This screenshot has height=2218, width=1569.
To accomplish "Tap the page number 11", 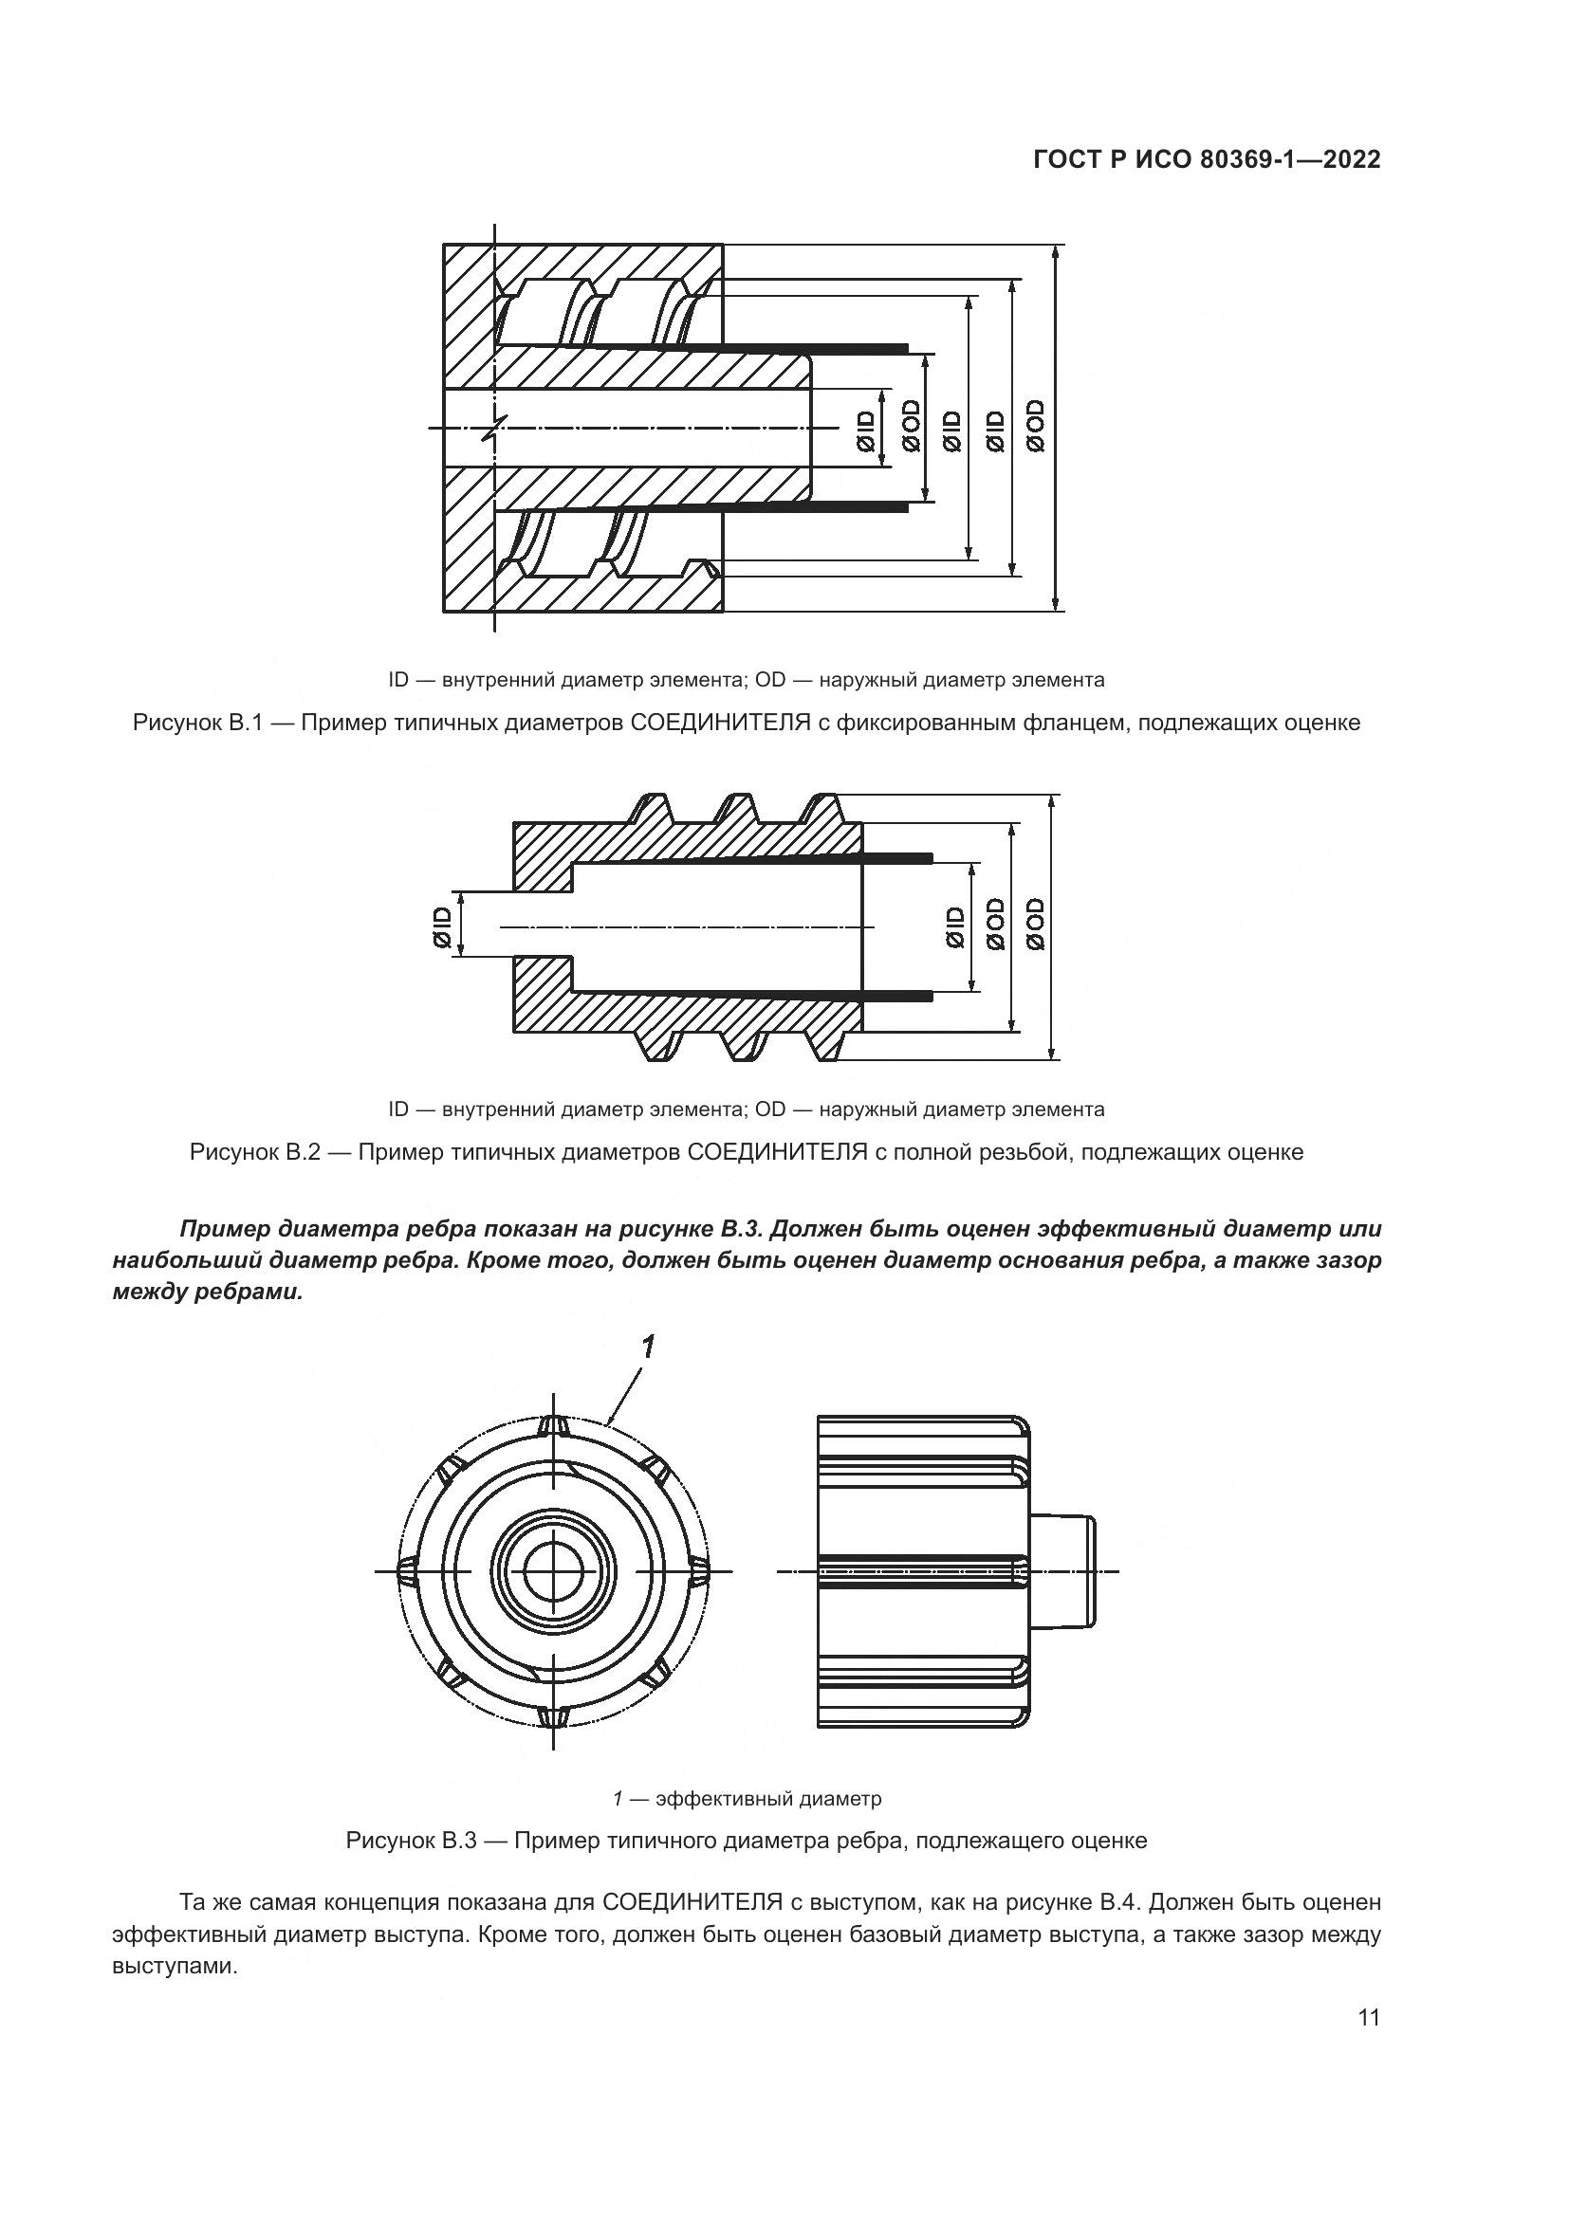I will click(1368, 2044).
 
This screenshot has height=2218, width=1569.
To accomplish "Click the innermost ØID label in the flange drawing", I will click(865, 430).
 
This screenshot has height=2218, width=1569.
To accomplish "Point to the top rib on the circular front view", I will click(553, 1425).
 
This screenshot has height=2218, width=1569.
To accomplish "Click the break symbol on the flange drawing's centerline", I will click(493, 427).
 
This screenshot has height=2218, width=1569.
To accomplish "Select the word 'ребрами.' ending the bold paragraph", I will click(256, 1292).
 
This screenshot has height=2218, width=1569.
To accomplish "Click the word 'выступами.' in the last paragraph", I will click(175, 1967).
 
